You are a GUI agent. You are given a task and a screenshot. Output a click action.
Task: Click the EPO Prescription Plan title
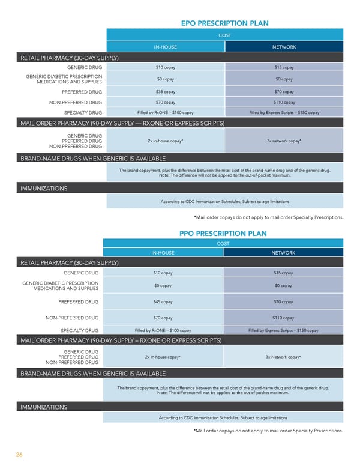(224, 23)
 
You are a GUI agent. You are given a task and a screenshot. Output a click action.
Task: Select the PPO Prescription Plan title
(223, 233)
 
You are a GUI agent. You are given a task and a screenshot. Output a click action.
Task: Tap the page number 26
(19, 455)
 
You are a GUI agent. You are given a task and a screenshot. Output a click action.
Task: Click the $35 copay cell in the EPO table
(165, 92)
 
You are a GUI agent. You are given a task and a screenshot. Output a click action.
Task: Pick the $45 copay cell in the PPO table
(163, 301)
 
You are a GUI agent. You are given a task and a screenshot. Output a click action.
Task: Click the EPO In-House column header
(165, 47)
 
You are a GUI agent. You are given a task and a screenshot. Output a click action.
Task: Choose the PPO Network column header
(283, 253)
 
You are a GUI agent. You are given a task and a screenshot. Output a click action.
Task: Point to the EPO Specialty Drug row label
(83, 112)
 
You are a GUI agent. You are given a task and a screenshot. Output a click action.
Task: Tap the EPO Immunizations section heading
(43, 189)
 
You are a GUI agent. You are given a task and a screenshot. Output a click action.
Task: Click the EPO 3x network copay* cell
(284, 141)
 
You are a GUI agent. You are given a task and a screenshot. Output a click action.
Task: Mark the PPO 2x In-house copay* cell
(163, 357)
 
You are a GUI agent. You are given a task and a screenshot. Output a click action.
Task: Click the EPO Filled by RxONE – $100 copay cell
(165, 112)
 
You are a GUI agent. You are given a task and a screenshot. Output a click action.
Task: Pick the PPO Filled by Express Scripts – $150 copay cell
(283, 330)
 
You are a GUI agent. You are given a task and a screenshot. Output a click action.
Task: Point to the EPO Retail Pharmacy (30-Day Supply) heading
(69, 58)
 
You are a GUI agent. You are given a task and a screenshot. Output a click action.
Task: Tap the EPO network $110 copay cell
(284, 102)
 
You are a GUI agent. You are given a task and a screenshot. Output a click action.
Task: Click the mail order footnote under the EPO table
(268, 217)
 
